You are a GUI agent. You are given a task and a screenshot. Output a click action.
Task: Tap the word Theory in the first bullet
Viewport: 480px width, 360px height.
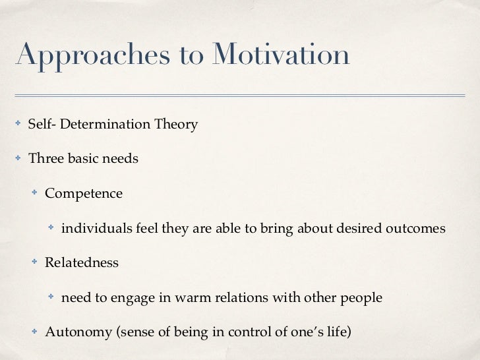pyautogui.click(x=175, y=125)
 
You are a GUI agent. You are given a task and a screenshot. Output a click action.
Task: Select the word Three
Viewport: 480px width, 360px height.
pyautogui.click(x=44, y=159)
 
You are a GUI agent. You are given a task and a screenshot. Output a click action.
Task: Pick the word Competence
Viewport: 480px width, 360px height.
pyautogui.click(x=84, y=194)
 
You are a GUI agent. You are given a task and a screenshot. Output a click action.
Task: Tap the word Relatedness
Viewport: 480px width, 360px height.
pyautogui.click(x=82, y=262)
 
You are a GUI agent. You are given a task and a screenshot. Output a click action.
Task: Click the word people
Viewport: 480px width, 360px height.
pyautogui.click(x=361, y=297)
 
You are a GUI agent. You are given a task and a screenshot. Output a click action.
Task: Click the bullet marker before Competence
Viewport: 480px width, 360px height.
pyautogui.click(x=36, y=193)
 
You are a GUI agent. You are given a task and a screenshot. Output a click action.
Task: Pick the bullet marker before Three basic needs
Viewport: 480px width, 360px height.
pyautogui.click(x=19, y=159)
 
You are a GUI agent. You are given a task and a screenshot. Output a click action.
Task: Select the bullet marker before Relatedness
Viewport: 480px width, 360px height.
pyautogui.click(x=36, y=262)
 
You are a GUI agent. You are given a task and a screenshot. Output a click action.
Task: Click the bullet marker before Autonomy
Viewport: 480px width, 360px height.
pyautogui.click(x=36, y=331)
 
